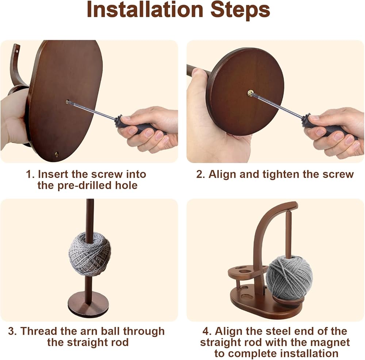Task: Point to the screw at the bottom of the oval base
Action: click(56, 154)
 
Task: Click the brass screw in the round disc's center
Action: click(250, 93)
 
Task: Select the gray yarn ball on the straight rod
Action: click(90, 254)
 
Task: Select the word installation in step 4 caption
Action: click(309, 353)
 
